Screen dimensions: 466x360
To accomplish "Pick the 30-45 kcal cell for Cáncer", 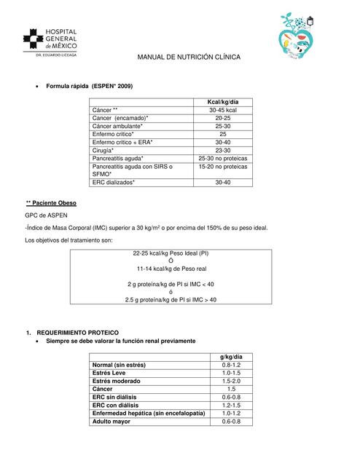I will click(x=222, y=110).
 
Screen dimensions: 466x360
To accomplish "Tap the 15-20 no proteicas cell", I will click(x=222, y=166).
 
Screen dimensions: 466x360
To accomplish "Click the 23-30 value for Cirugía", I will click(x=222, y=150).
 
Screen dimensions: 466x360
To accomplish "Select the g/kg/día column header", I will click(x=231, y=357).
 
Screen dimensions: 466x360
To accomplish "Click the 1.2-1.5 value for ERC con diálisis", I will click(x=231, y=405).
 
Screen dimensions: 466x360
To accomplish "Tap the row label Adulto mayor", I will click(x=111, y=421).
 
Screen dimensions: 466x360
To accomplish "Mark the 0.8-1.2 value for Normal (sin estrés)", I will click(x=231, y=365).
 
